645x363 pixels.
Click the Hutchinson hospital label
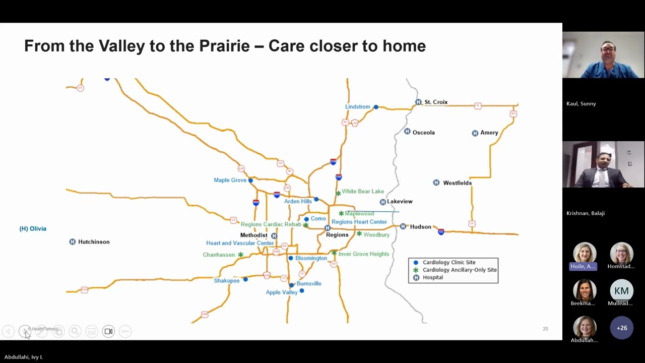(94, 242)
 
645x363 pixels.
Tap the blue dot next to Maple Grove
(250, 180)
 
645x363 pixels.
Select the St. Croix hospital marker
(418, 102)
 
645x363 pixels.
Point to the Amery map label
(489, 133)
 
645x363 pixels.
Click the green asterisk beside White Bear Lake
(338, 193)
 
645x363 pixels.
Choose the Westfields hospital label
(457, 183)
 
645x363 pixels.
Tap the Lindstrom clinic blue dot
(376, 107)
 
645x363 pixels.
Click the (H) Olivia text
(33, 229)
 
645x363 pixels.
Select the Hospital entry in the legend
(433, 277)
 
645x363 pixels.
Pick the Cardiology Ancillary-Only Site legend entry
(460, 270)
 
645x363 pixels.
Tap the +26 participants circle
(621, 328)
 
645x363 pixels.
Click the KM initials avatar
(621, 291)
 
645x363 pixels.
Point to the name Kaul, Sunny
(581, 104)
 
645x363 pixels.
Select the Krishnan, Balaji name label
(585, 213)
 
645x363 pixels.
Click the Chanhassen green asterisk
(240, 255)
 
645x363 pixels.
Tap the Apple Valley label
(282, 292)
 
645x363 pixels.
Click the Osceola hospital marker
(407, 132)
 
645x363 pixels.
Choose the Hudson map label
(420, 227)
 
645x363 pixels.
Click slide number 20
(545, 329)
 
